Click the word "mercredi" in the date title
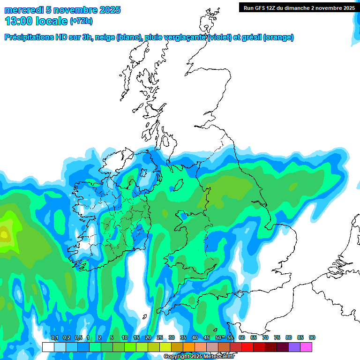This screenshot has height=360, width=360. (x=23, y=10)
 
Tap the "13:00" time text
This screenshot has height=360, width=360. (x=19, y=21)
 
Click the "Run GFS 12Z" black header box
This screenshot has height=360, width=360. (x=299, y=7)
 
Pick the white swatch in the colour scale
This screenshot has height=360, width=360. (x=48, y=347)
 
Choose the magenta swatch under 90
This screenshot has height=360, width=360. (x=306, y=347)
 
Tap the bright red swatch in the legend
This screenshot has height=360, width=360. (x=247, y=347)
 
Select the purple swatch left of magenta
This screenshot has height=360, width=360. (x=294, y=347)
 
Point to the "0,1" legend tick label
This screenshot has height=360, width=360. (x=54, y=338)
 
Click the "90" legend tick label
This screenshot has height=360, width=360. (x=312, y=338)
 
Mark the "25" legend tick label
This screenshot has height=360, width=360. (x=160, y=338)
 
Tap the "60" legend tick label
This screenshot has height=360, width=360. (x=242, y=338)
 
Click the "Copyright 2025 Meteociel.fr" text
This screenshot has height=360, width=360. (x=199, y=357)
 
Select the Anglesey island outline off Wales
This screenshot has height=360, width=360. (x=182, y=215)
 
